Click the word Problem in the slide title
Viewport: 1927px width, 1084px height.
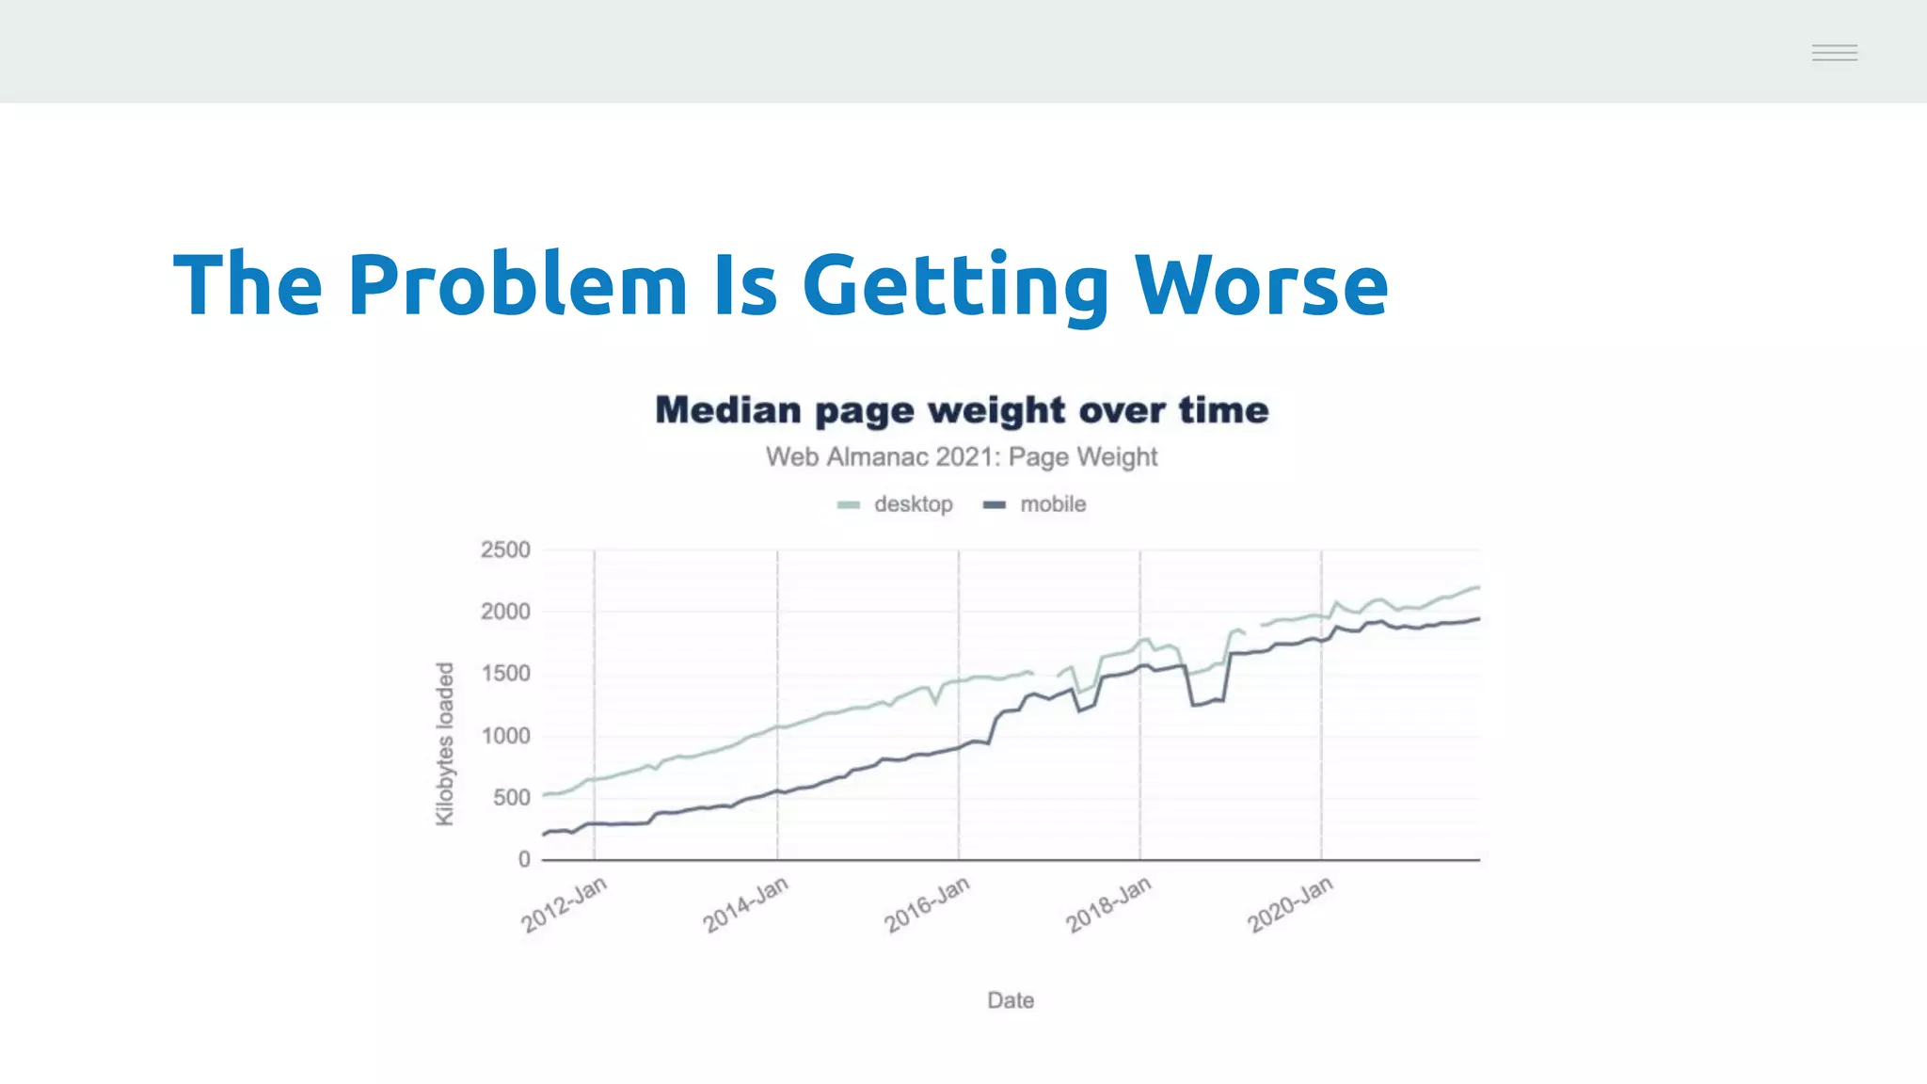pyautogui.click(x=518, y=284)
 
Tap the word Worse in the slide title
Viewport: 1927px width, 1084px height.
pyautogui.click(x=1261, y=284)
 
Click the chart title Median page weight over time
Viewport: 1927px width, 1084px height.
pyautogui.click(x=962, y=410)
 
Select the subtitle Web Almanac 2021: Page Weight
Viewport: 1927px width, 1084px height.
pyautogui.click(x=962, y=457)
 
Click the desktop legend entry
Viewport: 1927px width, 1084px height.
pyautogui.click(x=897, y=504)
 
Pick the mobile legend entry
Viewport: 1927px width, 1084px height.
pyautogui.click(x=1036, y=504)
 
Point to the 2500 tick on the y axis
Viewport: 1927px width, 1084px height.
pyautogui.click(x=505, y=550)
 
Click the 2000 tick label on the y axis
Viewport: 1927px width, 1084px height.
pyautogui.click(x=505, y=612)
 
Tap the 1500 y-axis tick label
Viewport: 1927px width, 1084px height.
pyautogui.click(x=505, y=674)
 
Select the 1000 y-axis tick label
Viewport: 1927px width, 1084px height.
pyautogui.click(x=505, y=736)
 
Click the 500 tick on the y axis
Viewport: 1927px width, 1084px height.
pyautogui.click(x=511, y=798)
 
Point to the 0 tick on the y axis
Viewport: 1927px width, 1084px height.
pyautogui.click(x=524, y=859)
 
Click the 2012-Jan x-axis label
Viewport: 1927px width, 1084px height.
pyautogui.click(x=565, y=904)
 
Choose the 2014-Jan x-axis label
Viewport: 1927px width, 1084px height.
pyautogui.click(x=745, y=904)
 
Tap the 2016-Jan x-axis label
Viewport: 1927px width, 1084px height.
pyautogui.click(x=927, y=904)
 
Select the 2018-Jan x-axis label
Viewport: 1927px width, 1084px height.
pyautogui.click(x=1108, y=904)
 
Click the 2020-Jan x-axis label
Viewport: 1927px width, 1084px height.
pyautogui.click(x=1290, y=904)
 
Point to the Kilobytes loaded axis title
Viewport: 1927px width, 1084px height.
pyautogui.click(x=445, y=743)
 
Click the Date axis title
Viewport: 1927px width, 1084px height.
pyautogui.click(x=1011, y=1000)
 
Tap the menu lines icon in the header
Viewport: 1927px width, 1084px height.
pyautogui.click(x=1835, y=53)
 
